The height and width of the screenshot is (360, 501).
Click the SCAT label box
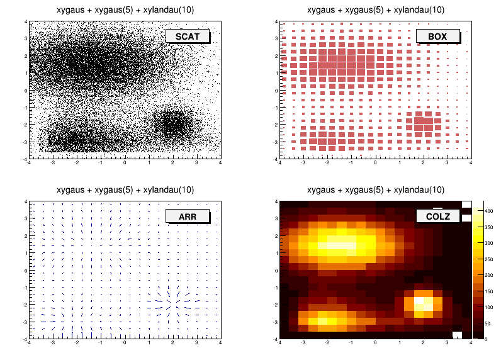(x=187, y=37)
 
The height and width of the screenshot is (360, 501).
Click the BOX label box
(x=437, y=37)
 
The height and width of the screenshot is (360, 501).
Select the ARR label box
(x=187, y=217)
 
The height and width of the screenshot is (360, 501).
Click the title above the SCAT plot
(x=125, y=9)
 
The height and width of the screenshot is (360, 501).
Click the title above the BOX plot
(x=376, y=9)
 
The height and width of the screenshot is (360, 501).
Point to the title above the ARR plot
(x=125, y=189)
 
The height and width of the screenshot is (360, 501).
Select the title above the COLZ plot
(x=376, y=189)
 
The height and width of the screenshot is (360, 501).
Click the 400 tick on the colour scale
(x=488, y=211)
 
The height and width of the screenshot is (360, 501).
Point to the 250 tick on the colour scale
(x=488, y=259)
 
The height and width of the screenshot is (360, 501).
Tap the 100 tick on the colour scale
(x=488, y=307)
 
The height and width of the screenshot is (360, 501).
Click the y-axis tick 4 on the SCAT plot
(x=25, y=22)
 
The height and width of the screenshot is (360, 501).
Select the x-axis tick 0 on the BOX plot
(x=376, y=163)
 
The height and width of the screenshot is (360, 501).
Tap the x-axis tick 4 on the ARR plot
(x=220, y=343)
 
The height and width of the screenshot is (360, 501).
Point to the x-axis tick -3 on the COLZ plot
(x=304, y=343)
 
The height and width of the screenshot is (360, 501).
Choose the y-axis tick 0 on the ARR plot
(x=25, y=271)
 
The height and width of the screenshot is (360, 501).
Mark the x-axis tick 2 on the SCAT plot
(x=173, y=163)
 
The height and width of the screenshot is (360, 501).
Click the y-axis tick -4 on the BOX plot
(x=276, y=159)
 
